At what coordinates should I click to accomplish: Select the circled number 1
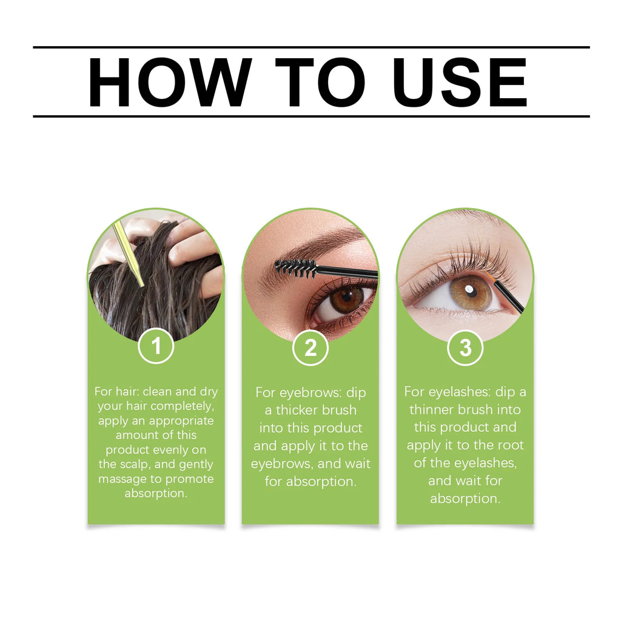156,346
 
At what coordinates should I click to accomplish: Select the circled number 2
310,348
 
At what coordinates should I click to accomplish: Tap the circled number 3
465,348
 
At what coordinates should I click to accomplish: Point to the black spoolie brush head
296,266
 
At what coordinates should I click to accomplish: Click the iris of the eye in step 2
346,299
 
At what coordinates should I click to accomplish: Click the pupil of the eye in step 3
471,293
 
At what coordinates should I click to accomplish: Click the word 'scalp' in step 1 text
134,465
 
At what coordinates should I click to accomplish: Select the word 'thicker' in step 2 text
300,410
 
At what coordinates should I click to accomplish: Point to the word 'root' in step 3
511,445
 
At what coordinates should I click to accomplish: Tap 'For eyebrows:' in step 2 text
294,392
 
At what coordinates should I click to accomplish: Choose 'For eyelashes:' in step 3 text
448,392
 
